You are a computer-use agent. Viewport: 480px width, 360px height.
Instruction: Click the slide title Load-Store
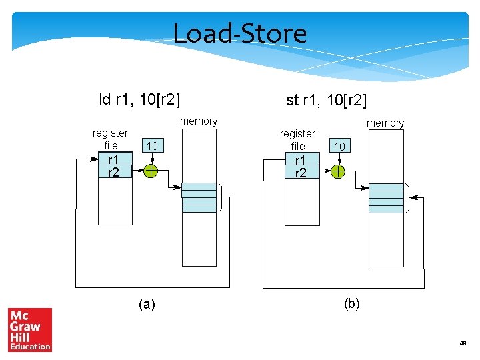pyautogui.click(x=240, y=33)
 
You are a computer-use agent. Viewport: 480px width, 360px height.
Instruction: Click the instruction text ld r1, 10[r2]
pyautogui.click(x=140, y=100)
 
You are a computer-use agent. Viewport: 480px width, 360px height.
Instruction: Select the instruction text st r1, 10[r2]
pyautogui.click(x=326, y=101)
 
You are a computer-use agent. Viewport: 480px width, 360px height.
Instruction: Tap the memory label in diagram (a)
pyautogui.click(x=199, y=121)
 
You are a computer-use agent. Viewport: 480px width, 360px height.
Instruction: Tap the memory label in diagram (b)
pyautogui.click(x=385, y=123)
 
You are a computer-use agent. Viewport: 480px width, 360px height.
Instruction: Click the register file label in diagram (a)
pyautogui.click(x=111, y=139)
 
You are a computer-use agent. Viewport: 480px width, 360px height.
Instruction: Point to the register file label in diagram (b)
pyautogui.click(x=297, y=139)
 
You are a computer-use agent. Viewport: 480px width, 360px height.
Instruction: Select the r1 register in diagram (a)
pyautogui.click(x=113, y=160)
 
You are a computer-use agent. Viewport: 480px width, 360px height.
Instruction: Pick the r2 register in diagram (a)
pyautogui.click(x=113, y=172)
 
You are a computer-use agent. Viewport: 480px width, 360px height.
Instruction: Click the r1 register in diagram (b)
pyautogui.click(x=300, y=161)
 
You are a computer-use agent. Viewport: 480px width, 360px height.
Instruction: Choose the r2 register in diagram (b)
pyautogui.click(x=300, y=173)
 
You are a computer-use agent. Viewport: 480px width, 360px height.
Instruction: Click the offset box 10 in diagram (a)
pyautogui.click(x=152, y=146)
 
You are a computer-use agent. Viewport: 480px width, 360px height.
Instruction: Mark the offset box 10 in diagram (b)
pyautogui.click(x=339, y=146)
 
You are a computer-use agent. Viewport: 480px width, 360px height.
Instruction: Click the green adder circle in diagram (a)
pyautogui.click(x=152, y=171)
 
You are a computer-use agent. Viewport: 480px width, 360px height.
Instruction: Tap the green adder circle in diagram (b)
pyautogui.click(x=339, y=172)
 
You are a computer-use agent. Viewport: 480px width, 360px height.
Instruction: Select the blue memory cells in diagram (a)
pyautogui.click(x=199, y=197)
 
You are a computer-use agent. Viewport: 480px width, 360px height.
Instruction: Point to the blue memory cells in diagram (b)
pyautogui.click(x=386, y=198)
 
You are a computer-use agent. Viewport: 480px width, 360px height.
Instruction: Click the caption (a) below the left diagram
pyautogui.click(x=147, y=304)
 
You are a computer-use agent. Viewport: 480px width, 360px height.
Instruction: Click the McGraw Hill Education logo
pyautogui.click(x=30, y=329)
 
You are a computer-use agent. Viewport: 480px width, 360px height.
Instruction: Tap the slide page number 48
pyautogui.click(x=463, y=343)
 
